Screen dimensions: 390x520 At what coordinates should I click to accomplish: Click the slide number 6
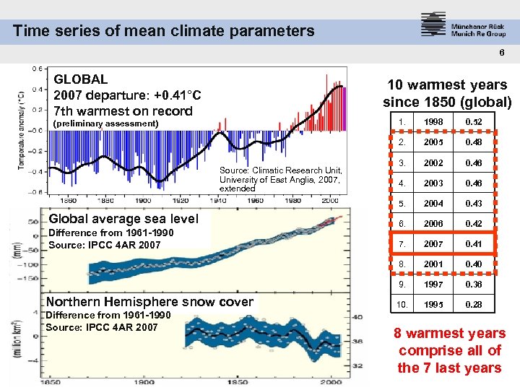click(500, 53)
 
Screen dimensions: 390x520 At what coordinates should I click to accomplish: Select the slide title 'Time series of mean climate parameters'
click(164, 30)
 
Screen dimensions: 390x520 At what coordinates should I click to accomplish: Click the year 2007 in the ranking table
click(433, 243)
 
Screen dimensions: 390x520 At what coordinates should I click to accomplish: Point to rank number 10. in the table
click(400, 304)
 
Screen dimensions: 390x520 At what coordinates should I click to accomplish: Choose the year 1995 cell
click(433, 304)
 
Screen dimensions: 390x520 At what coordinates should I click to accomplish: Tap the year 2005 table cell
click(433, 142)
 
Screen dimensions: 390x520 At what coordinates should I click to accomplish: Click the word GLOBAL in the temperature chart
click(81, 79)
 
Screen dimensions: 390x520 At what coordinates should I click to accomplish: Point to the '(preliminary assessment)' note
click(105, 123)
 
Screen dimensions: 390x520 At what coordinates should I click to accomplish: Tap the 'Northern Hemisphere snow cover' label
click(149, 302)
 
